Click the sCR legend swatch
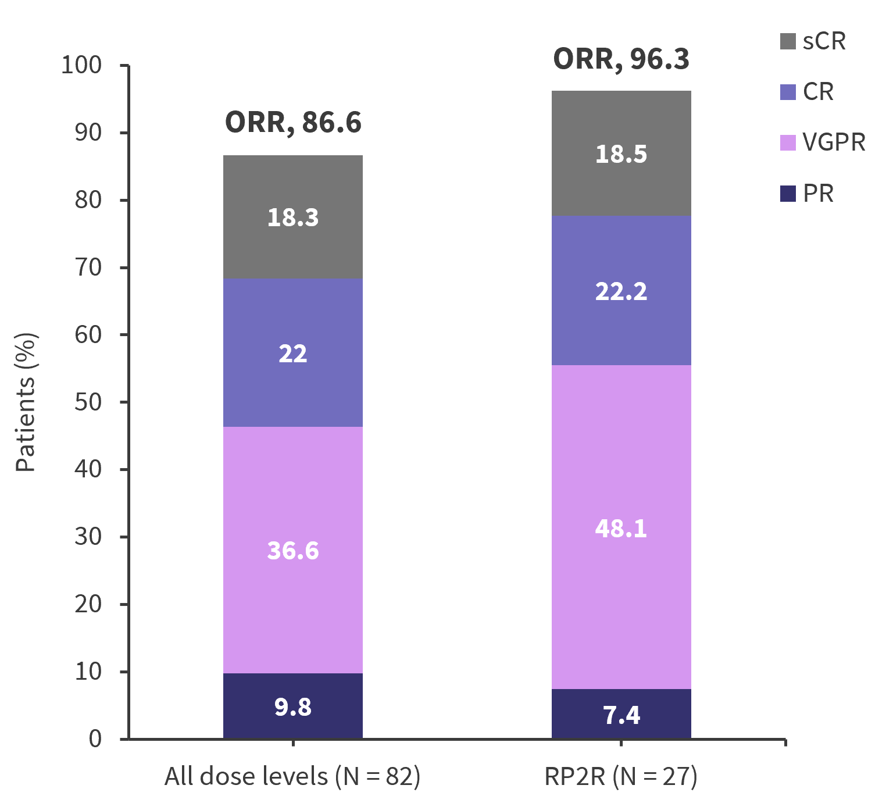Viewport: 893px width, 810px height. point(788,42)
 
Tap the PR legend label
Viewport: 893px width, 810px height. point(818,194)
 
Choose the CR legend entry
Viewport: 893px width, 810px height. point(817,92)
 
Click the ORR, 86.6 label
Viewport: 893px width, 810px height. point(293,123)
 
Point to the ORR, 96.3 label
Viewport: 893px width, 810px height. point(621,59)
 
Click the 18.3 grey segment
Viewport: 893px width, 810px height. point(293,217)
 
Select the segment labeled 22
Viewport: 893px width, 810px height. point(293,353)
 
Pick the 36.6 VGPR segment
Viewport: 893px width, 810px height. point(293,550)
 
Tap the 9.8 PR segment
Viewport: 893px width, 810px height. point(293,706)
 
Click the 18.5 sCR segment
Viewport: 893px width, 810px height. point(621,154)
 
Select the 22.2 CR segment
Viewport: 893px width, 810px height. point(621,291)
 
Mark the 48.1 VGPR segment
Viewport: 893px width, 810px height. point(621,528)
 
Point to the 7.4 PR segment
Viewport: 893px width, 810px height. point(621,715)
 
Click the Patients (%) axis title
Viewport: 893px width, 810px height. point(26,402)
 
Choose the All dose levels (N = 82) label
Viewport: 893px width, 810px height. point(292,777)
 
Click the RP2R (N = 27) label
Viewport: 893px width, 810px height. point(621,777)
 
